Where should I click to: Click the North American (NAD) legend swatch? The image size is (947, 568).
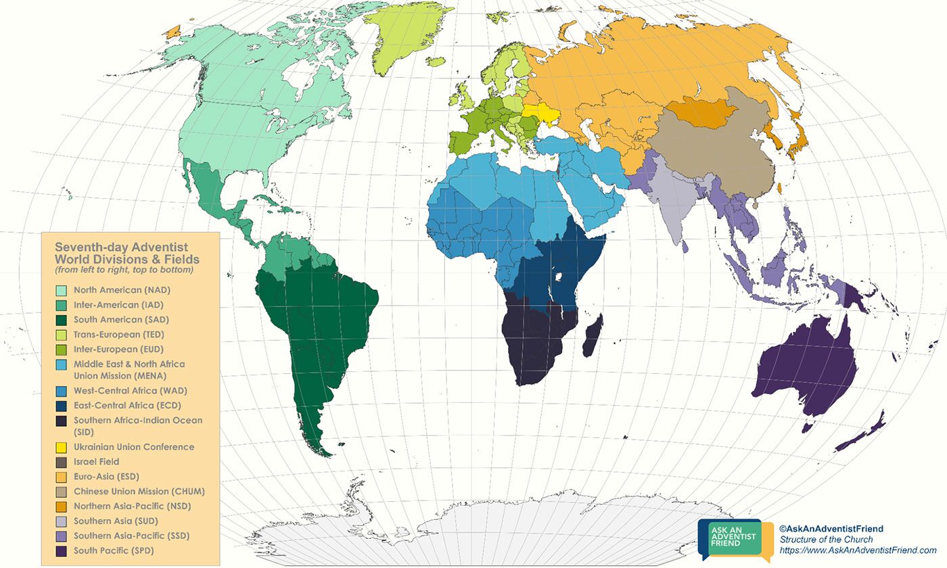click(x=61, y=290)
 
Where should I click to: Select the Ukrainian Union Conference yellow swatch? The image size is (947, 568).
click(x=61, y=447)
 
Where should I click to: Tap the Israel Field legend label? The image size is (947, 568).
click(x=96, y=462)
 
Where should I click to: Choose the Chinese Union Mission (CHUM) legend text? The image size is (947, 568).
click(x=139, y=492)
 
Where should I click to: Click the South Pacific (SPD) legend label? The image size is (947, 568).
click(x=114, y=550)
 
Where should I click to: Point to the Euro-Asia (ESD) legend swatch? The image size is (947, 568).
click(x=61, y=477)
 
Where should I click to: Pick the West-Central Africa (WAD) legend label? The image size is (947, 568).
click(x=130, y=391)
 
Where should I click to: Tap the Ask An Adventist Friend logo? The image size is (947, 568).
click(x=735, y=540)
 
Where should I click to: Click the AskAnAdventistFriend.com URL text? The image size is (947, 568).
click(x=858, y=550)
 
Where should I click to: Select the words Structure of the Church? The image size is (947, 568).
click(x=826, y=540)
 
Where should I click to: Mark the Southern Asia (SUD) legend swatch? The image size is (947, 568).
click(x=61, y=521)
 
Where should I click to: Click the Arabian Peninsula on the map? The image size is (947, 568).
click(x=595, y=199)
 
